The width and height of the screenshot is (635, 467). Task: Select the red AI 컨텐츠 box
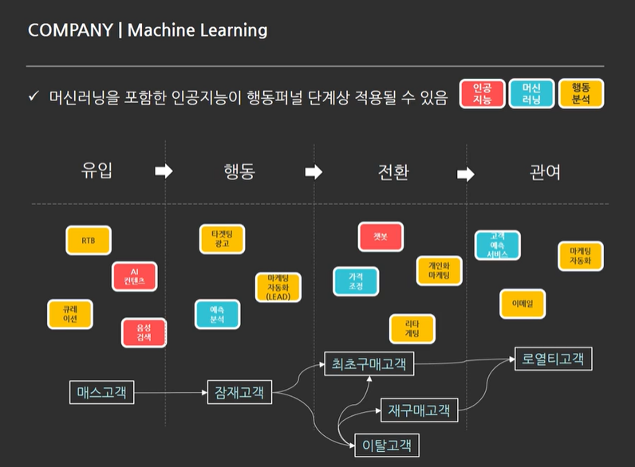(135, 277)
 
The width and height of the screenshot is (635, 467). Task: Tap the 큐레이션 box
(70, 313)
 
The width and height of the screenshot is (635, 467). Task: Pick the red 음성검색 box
(144, 332)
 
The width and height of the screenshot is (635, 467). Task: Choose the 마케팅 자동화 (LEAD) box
(278, 287)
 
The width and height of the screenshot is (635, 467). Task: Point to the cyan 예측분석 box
(217, 314)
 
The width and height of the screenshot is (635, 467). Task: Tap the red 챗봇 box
(381, 237)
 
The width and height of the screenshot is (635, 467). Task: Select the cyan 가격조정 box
(356, 281)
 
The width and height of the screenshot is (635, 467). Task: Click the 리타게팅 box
(412, 329)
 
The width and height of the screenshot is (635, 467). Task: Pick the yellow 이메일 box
(523, 303)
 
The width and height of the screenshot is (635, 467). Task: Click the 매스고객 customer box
(101, 392)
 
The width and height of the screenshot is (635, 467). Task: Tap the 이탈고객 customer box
(386, 445)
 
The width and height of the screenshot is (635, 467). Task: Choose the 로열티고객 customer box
(553, 359)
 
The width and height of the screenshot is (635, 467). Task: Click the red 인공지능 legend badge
(482, 94)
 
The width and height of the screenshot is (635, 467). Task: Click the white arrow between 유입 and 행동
(164, 171)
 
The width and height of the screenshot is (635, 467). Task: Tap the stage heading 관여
(544, 171)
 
